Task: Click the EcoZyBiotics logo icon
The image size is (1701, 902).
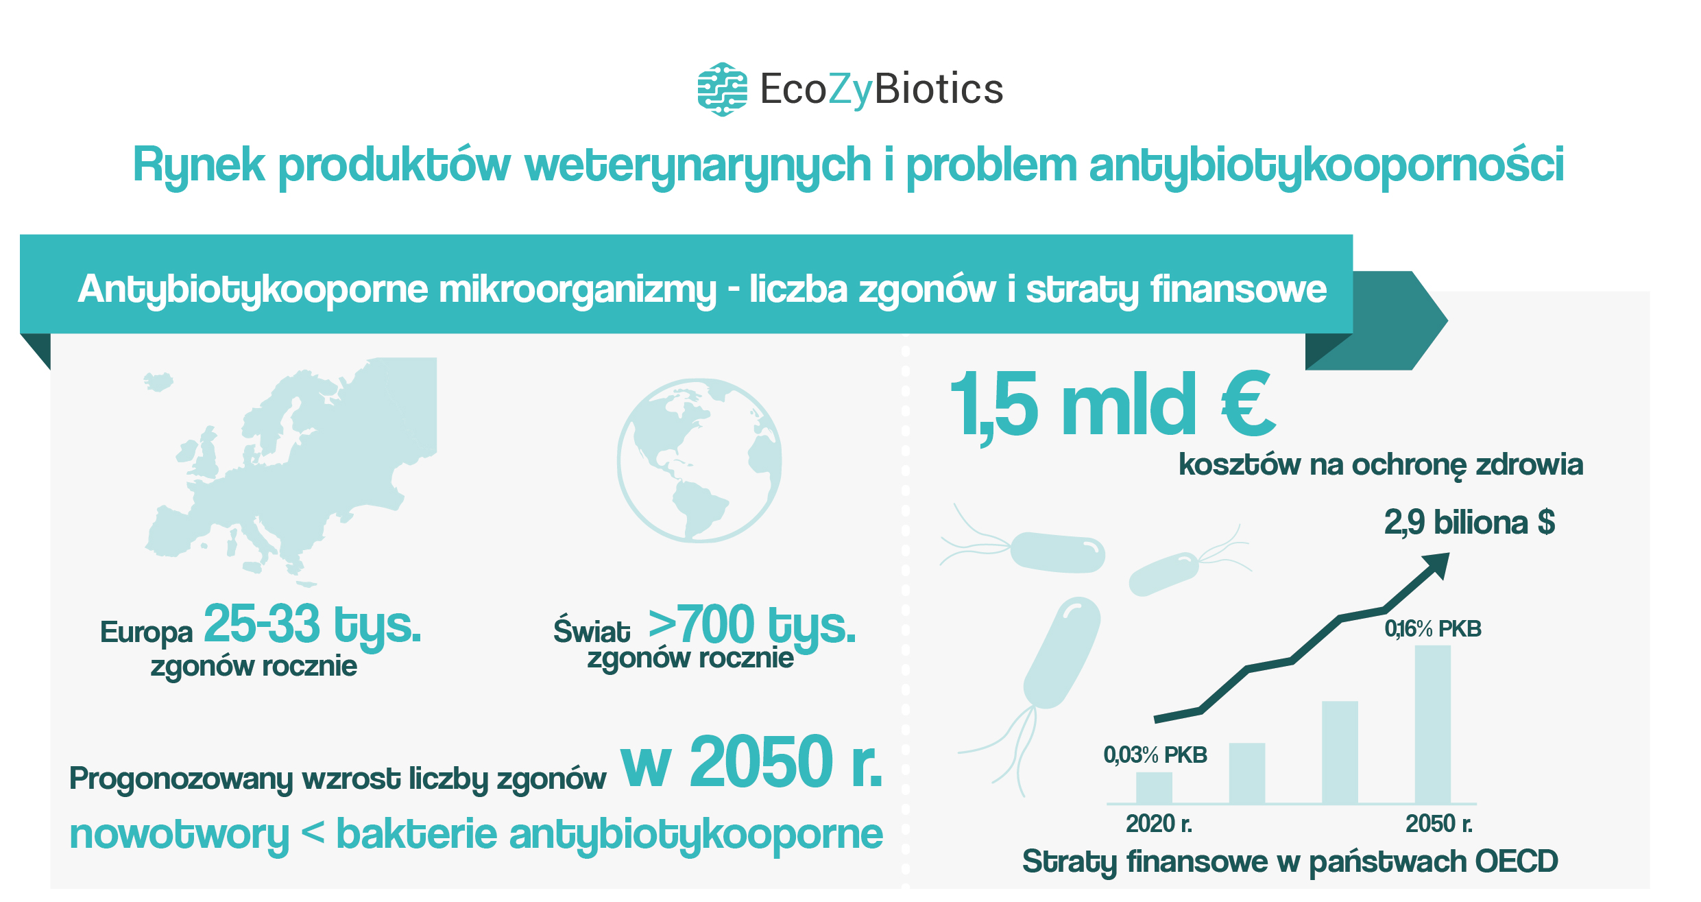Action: point(722,89)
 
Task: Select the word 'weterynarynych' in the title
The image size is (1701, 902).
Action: point(698,167)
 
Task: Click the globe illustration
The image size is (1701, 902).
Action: point(699,460)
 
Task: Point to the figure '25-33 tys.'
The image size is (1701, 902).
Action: point(313,625)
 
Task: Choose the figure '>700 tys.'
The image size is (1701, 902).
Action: point(752,625)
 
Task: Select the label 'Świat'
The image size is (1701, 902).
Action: point(591,631)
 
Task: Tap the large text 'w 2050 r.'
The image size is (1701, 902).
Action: point(752,762)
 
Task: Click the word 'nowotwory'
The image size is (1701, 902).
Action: point(179,836)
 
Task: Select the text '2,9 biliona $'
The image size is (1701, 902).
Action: point(1469,523)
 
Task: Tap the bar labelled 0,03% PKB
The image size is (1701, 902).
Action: point(1154,787)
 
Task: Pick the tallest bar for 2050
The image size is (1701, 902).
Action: point(1433,724)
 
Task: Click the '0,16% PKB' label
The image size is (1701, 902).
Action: point(1433,629)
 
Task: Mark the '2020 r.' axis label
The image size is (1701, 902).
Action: point(1159,824)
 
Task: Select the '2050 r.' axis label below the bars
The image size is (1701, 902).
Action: point(1438,824)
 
